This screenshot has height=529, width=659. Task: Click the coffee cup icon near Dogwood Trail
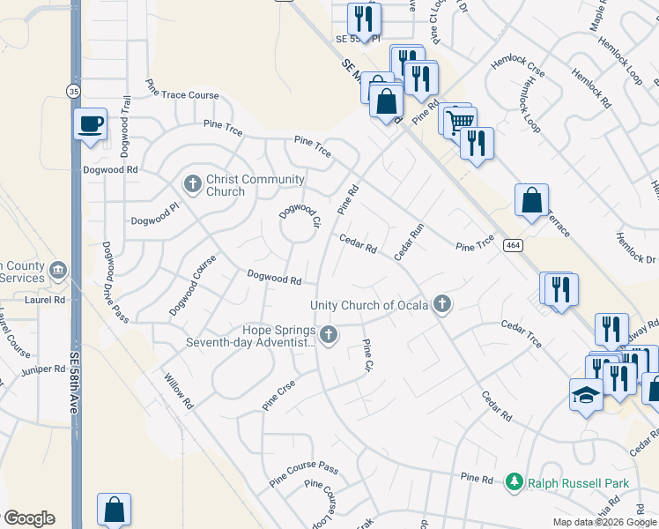tap(91, 124)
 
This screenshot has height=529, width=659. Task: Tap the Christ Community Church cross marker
tap(193, 184)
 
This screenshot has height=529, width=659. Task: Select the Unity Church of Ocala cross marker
tap(442, 305)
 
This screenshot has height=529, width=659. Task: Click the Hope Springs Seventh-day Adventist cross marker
tap(329, 334)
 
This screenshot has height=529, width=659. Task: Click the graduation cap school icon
tap(586, 396)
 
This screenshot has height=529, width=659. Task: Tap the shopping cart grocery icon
tap(460, 122)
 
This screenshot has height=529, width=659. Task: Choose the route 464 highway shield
tap(512, 244)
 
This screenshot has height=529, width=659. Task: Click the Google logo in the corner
tap(28, 518)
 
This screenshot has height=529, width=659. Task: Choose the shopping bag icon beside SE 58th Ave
tap(114, 510)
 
